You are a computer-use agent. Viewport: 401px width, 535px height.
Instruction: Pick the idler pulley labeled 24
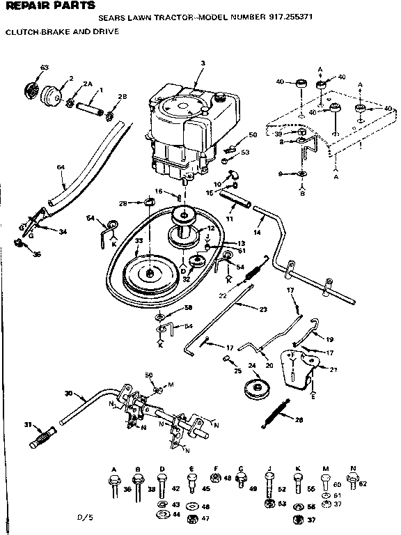257,392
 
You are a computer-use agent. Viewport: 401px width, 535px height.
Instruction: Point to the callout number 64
60,167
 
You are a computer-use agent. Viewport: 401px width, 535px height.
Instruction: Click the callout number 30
68,394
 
